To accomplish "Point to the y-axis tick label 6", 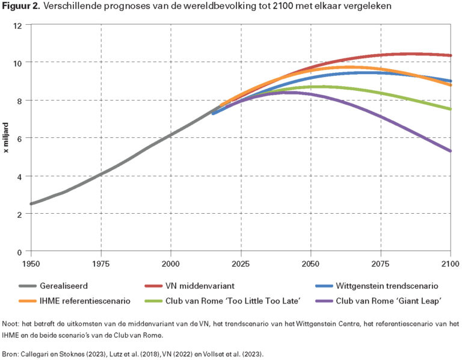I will click(20, 138).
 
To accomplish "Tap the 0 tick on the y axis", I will click(20, 252).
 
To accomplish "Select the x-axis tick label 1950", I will click(31, 263).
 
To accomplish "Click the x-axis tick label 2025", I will click(241, 263).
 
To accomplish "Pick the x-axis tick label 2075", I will click(380, 263).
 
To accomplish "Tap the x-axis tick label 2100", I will click(450, 263).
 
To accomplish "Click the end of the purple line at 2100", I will click(450, 151).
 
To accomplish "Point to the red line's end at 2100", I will click(450, 55).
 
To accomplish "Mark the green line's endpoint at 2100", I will click(450, 109).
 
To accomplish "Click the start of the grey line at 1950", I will click(31, 203).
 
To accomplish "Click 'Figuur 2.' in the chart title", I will click(22, 7).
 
